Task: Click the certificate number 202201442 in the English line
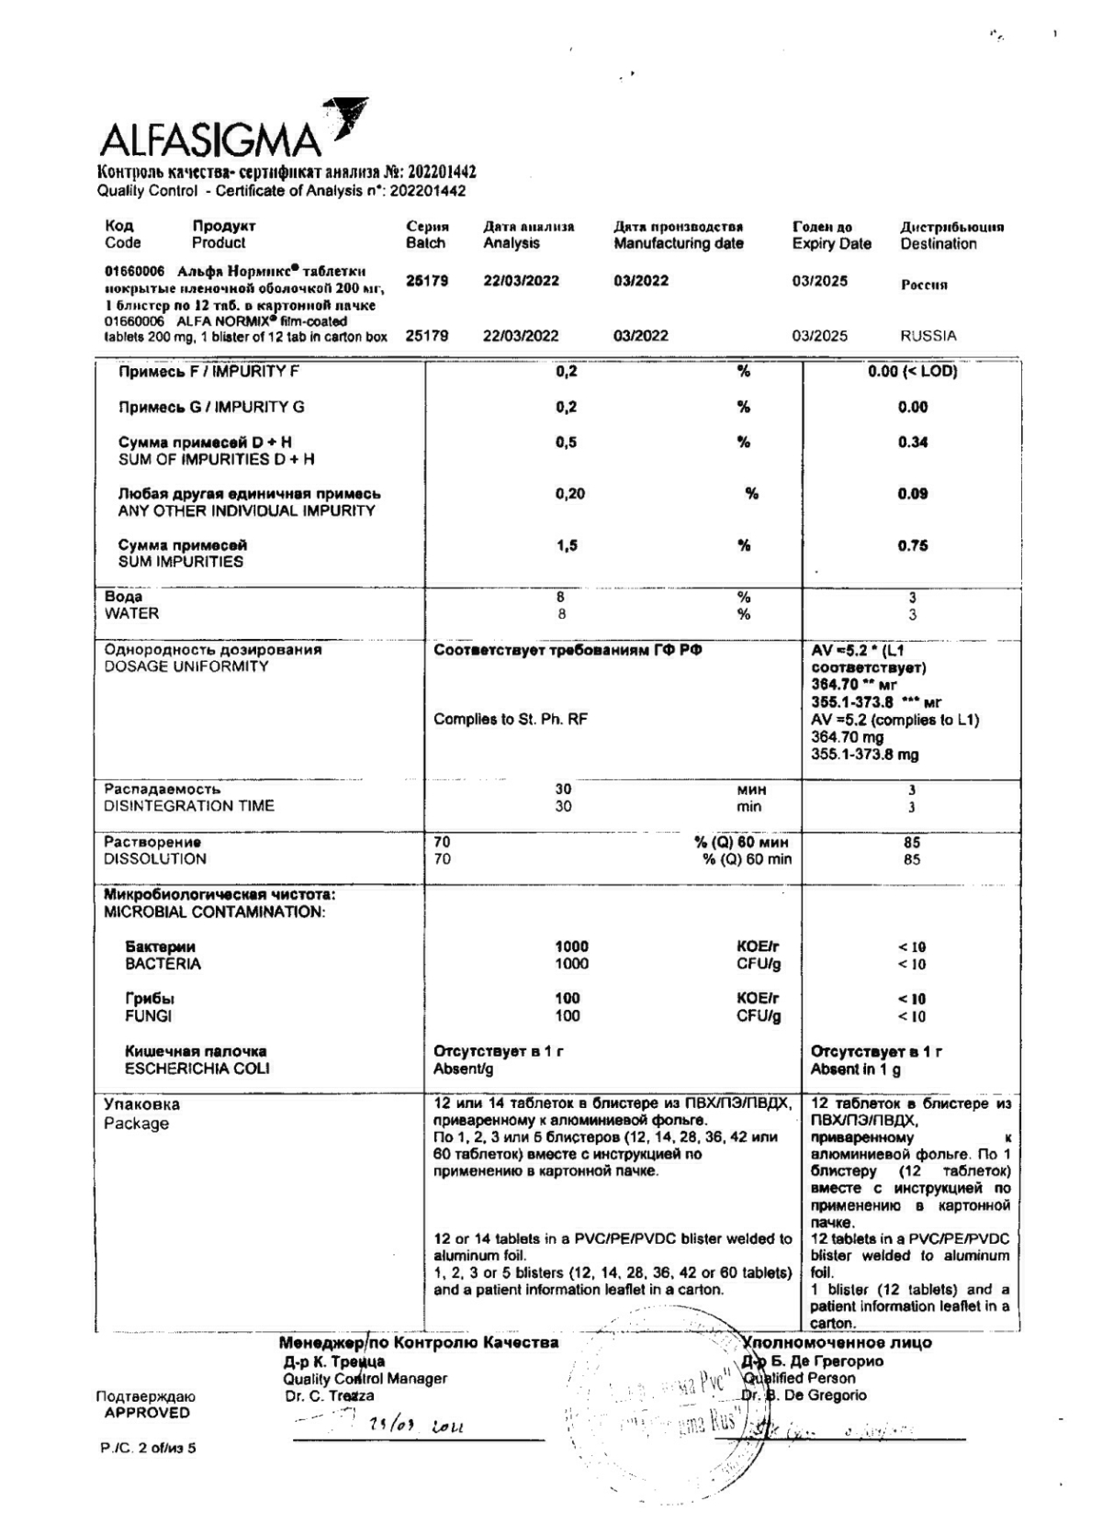tap(427, 191)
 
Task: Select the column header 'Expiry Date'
tap(831, 243)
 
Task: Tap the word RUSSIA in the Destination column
tap(928, 335)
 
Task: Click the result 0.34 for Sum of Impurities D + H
tap(912, 442)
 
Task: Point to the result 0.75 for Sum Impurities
tap(912, 545)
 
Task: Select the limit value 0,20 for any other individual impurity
tap(569, 494)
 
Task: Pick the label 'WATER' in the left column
tap(131, 613)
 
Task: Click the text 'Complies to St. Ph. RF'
tap(510, 719)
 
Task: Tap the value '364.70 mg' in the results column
tap(847, 737)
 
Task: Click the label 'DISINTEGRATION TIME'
tap(188, 806)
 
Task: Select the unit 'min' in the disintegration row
tap(749, 806)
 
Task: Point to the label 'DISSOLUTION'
tap(154, 859)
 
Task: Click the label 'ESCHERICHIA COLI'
tap(197, 1069)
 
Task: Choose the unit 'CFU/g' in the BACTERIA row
tap(758, 964)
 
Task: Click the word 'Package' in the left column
tap(136, 1124)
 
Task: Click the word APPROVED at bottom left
tap(146, 1413)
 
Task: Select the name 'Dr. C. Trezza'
tap(329, 1395)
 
